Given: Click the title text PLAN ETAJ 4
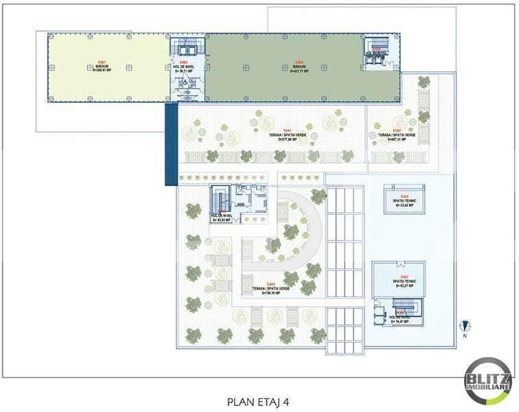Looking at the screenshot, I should click(x=259, y=400).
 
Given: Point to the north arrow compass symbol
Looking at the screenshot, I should click(x=465, y=325).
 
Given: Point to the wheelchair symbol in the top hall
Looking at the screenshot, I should click(x=185, y=79).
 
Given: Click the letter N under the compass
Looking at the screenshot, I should click(x=465, y=336).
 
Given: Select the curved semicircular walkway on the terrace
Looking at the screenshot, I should click(x=302, y=233).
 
